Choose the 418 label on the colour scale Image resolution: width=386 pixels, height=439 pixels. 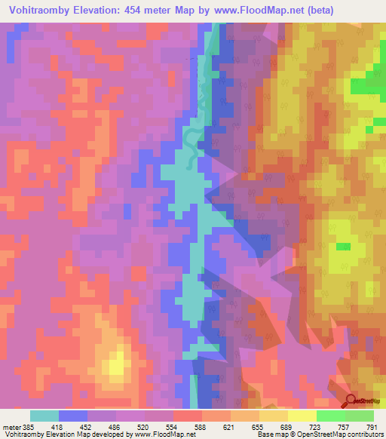(58, 427)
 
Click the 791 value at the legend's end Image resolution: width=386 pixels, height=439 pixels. (371, 427)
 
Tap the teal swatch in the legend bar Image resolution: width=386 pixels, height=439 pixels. (44, 416)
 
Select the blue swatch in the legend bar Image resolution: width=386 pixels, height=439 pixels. (73, 416)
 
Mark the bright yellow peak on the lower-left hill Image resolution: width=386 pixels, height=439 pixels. (115, 365)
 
